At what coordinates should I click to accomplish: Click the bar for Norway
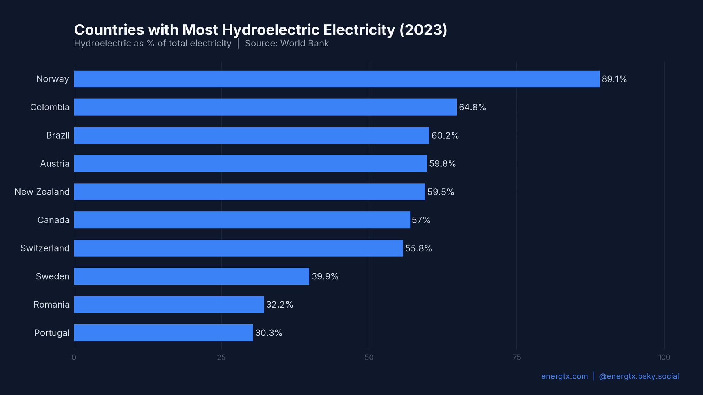point(337,79)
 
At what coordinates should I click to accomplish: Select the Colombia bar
point(265,107)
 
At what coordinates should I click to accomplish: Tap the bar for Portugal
point(163,333)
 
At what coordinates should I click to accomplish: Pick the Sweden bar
point(191,276)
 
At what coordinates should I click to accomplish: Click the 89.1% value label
point(614,79)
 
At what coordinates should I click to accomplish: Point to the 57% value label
point(421,220)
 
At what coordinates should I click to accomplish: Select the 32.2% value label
point(279,305)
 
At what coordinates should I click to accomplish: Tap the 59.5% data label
point(440,192)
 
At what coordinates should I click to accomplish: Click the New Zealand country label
point(42,192)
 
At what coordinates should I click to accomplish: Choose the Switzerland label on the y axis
point(45,248)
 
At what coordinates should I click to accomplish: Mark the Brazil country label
point(57,136)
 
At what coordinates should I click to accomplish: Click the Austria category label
point(55,164)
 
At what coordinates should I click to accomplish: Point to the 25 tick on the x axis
point(221,357)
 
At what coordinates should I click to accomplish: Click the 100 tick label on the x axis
point(664,357)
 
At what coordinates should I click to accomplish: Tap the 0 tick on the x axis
point(74,357)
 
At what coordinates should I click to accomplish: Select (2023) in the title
point(423,30)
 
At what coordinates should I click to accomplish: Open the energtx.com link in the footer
point(564,376)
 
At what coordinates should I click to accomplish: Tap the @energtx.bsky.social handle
point(639,376)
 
